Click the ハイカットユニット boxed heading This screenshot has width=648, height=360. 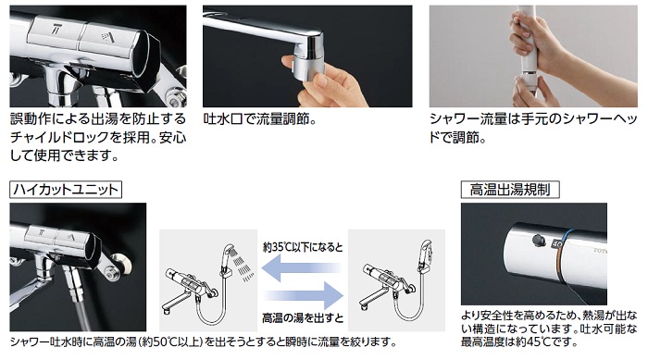66,190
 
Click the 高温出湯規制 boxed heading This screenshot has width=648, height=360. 510,190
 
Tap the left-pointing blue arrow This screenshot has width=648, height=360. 303,267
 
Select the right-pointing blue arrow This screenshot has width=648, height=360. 304,295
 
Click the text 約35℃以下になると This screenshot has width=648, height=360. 303,247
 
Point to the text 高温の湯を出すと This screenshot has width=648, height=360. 303,317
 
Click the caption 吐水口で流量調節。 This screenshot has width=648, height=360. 260,120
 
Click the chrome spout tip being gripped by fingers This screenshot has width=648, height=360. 307,62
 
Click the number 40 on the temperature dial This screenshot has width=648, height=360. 556,244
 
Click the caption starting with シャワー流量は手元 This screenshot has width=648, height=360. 533,129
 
